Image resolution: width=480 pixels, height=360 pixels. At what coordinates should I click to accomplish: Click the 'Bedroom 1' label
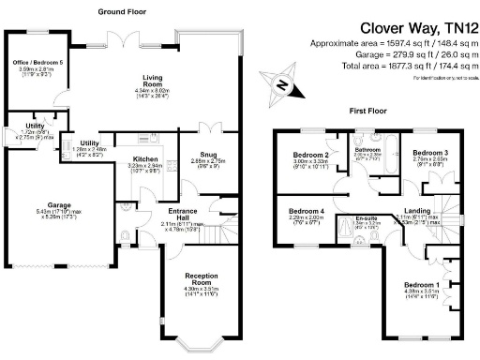tap(421, 284)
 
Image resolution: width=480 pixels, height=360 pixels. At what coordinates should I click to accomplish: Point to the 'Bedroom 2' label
tap(310, 155)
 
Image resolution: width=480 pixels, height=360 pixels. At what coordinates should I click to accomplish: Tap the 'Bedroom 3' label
tap(429, 152)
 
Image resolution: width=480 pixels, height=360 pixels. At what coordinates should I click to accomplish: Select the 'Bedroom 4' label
tap(307, 211)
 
